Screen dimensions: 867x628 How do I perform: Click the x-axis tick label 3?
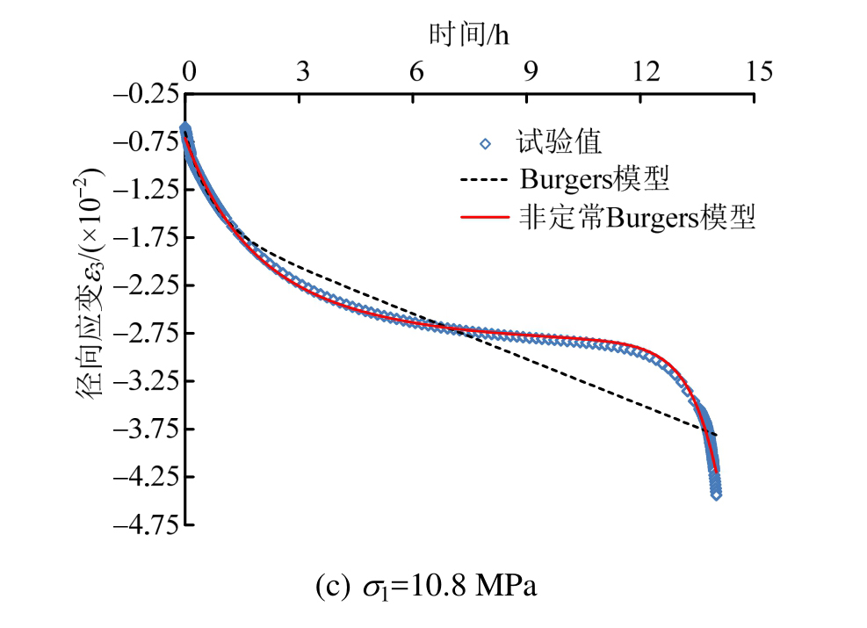click(x=302, y=72)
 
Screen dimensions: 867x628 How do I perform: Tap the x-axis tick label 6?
click(x=416, y=72)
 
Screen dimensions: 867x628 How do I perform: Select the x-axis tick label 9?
click(x=531, y=72)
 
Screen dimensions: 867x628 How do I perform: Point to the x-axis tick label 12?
click(x=646, y=72)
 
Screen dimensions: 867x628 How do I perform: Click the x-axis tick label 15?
click(x=760, y=72)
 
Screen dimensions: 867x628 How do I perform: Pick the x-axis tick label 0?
click(x=189, y=72)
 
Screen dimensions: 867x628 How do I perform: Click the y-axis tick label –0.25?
click(x=146, y=95)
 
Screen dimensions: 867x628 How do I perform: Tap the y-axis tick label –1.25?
click(x=146, y=191)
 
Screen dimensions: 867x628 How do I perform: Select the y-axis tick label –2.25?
click(x=146, y=285)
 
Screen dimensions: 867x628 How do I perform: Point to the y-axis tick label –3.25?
click(x=146, y=381)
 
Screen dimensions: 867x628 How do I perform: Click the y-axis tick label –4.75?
click(x=146, y=524)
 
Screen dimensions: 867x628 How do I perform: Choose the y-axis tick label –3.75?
click(x=146, y=429)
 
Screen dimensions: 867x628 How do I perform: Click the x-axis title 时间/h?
click(x=469, y=34)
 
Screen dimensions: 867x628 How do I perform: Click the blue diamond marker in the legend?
click(x=485, y=144)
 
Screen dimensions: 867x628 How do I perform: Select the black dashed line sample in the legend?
click(x=484, y=180)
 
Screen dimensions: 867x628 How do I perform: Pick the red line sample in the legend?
click(x=484, y=217)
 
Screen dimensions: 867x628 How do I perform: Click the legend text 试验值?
click(x=559, y=142)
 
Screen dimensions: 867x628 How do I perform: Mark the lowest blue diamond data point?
click(x=716, y=495)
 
